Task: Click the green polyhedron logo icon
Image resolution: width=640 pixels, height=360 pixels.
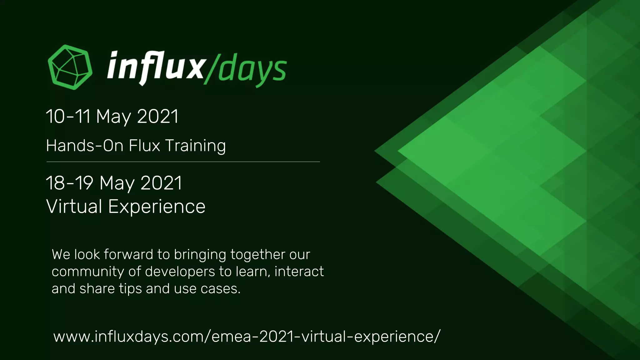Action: click(x=70, y=67)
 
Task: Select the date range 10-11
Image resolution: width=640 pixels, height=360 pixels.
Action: click(x=68, y=117)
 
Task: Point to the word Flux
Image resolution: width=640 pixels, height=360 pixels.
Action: click(x=144, y=146)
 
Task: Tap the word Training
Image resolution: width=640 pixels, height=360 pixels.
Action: click(x=195, y=146)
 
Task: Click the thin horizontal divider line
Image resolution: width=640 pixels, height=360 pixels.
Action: click(x=183, y=162)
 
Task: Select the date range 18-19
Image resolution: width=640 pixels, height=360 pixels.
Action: click(x=70, y=183)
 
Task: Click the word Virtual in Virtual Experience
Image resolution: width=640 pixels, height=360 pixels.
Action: click(x=74, y=207)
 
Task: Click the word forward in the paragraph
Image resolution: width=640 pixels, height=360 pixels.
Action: click(x=128, y=254)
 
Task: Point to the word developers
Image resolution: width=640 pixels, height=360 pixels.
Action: click(x=180, y=272)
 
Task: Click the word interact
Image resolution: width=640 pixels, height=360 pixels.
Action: click(x=299, y=271)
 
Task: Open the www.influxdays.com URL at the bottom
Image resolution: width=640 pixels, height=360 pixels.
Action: click(x=247, y=337)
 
